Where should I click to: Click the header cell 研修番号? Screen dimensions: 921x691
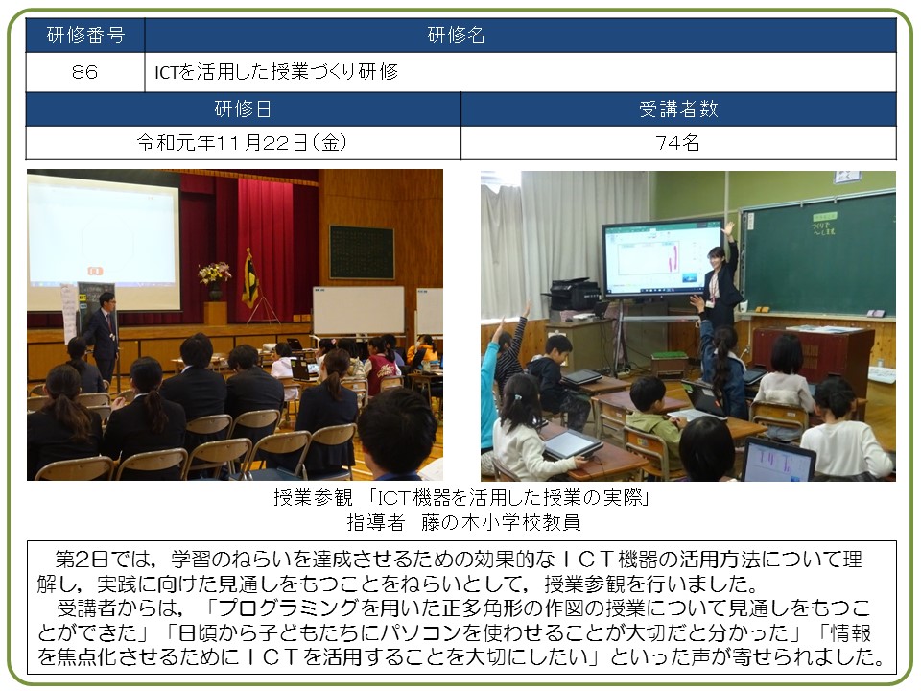point(85,36)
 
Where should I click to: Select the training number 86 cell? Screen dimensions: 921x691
point(85,72)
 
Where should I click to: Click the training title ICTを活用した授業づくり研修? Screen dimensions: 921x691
point(276,72)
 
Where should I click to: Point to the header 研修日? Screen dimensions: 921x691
point(243,108)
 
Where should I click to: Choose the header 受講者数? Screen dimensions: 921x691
point(678,108)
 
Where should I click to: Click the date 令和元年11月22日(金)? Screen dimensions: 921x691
point(242,142)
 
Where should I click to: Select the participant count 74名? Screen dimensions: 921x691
point(678,142)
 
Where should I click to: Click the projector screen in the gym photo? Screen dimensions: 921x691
point(104,241)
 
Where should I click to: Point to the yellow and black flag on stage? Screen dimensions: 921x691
point(250,278)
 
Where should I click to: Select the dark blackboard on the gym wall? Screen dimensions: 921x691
point(362,252)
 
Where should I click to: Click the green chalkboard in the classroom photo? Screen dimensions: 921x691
point(818,253)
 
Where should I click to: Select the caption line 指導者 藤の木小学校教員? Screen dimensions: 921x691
point(463,522)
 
